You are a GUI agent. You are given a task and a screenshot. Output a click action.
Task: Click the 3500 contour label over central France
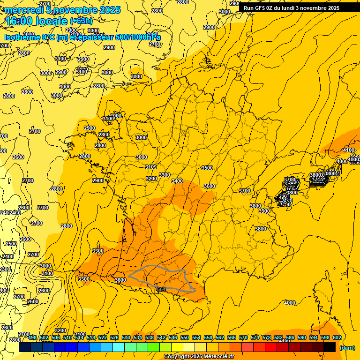click(207, 168)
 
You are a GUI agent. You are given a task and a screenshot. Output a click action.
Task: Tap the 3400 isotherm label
click(177, 181)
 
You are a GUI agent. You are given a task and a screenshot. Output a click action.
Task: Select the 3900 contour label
click(264, 211)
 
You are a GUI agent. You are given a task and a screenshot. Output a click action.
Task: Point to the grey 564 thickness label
click(161, 289)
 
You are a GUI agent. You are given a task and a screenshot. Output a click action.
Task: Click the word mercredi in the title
click(26, 10)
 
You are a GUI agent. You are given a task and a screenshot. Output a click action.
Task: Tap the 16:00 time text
click(20, 21)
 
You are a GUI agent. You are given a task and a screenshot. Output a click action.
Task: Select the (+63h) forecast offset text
click(81, 21)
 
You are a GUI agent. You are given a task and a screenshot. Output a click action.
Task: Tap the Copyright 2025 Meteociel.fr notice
click(199, 357)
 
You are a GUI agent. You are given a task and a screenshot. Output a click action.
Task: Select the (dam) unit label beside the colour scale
click(347, 348)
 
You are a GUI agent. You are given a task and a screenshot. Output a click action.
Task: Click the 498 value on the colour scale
click(32, 337)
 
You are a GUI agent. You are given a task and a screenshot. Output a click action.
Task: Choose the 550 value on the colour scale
click(185, 337)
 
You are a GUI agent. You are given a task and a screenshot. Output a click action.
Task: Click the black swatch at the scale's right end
click(330, 347)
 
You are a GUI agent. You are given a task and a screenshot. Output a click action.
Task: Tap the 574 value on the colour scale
click(255, 337)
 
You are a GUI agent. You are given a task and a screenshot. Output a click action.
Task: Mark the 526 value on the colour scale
click(114, 337)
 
